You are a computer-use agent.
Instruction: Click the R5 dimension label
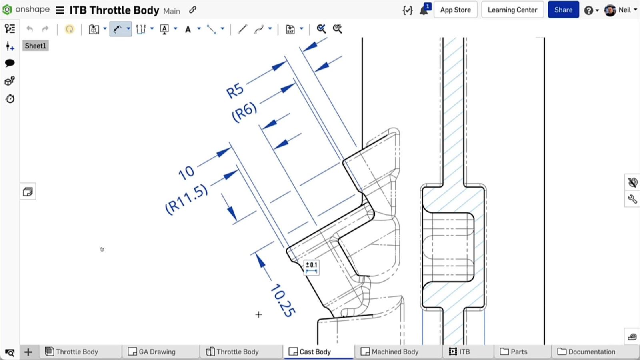point(235,90)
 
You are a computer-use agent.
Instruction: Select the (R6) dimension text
point(244,112)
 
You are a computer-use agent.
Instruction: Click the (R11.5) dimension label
point(186,199)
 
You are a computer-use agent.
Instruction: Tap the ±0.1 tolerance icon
point(312,267)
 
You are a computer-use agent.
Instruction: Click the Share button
point(563,10)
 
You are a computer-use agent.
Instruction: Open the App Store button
point(455,10)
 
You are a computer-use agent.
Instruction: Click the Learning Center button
point(512,10)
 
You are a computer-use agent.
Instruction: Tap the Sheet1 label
point(36,46)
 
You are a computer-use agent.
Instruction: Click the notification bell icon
point(424,10)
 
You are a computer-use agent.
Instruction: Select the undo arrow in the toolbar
point(30,29)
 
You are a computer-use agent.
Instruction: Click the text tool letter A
point(188,29)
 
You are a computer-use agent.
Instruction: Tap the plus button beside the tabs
point(28,352)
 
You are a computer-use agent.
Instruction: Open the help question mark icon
point(588,10)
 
